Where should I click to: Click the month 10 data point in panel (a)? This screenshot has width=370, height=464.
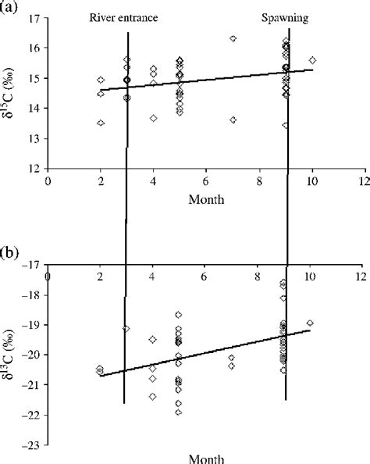[x=312, y=60]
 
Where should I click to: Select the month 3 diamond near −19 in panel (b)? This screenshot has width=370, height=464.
[x=126, y=329]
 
